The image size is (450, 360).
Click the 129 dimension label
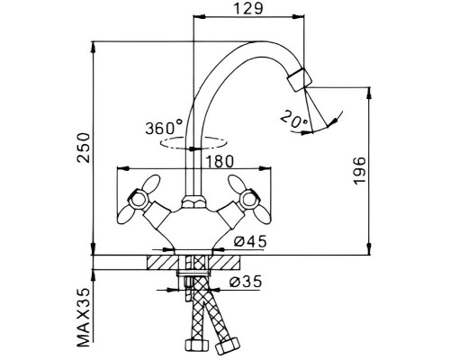click(x=248, y=8)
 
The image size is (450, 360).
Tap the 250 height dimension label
click(x=83, y=148)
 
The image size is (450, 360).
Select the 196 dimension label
click(x=360, y=170)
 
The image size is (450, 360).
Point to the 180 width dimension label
click(x=220, y=162)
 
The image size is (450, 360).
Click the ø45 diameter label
click(x=250, y=241)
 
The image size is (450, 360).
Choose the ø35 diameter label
click(x=246, y=282)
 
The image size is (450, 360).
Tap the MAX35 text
click(x=83, y=317)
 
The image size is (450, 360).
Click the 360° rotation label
click(x=164, y=128)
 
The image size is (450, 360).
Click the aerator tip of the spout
click(x=300, y=80)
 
